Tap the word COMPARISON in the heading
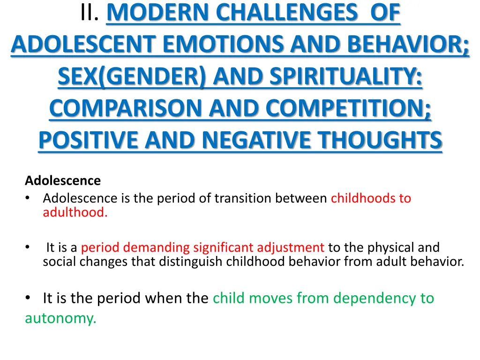(126, 109)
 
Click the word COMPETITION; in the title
(346, 109)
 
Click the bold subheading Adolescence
(62, 180)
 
